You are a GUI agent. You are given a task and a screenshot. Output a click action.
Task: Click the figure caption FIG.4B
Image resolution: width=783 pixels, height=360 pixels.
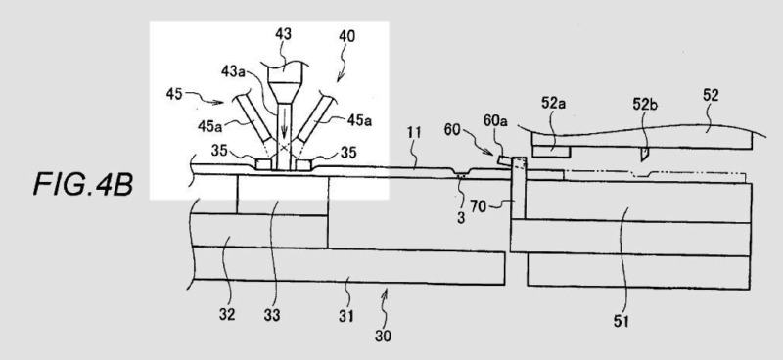pos(83,184)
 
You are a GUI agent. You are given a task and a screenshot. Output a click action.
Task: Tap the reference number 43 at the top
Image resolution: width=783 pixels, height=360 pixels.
pos(283,34)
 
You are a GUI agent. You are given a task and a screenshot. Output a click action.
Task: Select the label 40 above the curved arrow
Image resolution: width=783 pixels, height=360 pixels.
pos(347,36)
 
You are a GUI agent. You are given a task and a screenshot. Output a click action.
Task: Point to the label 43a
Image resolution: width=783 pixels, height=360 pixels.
pos(233,71)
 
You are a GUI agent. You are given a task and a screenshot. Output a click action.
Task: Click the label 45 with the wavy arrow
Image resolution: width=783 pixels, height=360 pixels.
pos(174,93)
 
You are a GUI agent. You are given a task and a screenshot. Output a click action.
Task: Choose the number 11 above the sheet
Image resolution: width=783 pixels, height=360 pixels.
pos(414,133)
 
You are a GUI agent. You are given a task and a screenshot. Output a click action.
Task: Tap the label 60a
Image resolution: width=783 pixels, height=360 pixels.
pos(495,121)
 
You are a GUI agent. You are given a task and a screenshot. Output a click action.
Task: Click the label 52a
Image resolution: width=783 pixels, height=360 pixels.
pos(553,103)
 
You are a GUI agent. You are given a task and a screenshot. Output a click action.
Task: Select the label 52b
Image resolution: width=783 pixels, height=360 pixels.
pos(645,103)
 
